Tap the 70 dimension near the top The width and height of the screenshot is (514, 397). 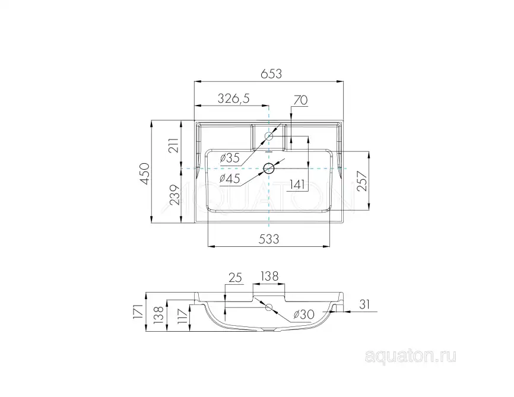(x=300, y=100)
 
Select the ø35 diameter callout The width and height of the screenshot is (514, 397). (x=229, y=158)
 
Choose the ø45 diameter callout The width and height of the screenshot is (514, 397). (x=229, y=178)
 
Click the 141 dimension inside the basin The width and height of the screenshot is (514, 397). (x=297, y=185)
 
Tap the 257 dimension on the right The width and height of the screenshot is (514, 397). (x=361, y=180)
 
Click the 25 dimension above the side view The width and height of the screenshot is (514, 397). (x=234, y=277)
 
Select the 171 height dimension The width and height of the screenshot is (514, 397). (x=137, y=312)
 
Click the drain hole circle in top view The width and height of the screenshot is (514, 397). (x=269, y=169)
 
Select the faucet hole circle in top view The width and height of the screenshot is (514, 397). (x=269, y=136)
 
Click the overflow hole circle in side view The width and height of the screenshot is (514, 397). (x=269, y=307)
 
